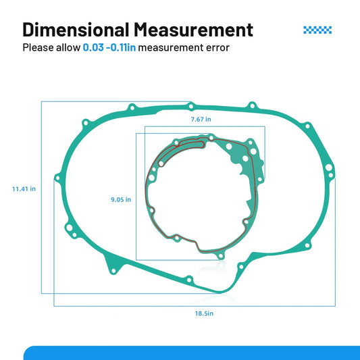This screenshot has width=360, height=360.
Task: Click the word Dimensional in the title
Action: click(76, 30)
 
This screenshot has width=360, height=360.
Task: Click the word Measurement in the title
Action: click(193, 30)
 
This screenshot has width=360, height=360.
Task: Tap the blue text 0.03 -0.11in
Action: click(109, 47)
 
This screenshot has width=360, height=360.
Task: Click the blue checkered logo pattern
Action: click(317, 30)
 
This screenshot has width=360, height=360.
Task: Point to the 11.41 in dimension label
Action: click(24, 189)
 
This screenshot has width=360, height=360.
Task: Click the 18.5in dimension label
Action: click(204, 313)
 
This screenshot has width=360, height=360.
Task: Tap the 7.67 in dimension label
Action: click(201, 120)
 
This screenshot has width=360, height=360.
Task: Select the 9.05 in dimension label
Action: click(121, 199)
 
